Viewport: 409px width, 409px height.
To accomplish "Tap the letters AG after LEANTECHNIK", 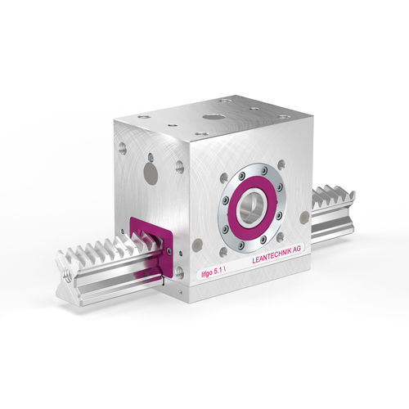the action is [x=297, y=249].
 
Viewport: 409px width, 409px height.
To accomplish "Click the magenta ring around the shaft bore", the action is [x=252, y=208].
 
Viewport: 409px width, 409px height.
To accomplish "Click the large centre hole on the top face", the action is [x=213, y=118].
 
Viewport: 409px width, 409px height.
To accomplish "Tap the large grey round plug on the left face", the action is [x=151, y=173].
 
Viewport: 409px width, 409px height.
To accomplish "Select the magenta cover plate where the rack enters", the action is [x=151, y=247].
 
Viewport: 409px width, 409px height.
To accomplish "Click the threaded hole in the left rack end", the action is [x=66, y=275].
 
